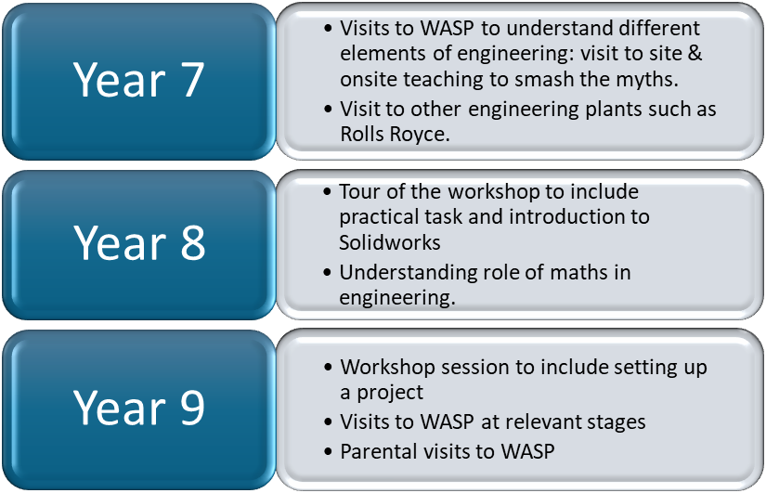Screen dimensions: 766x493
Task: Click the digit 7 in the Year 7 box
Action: tap(192, 80)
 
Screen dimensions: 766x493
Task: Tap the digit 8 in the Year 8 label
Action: tap(193, 243)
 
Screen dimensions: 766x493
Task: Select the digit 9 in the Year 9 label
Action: tap(192, 407)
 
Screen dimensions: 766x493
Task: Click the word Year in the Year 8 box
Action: tap(120, 243)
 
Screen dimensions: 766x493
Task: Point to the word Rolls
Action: tap(361, 134)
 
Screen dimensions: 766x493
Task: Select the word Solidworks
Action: tap(390, 242)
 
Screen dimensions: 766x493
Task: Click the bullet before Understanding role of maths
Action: tap(328, 273)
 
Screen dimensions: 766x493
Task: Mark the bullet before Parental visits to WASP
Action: tap(328, 451)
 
